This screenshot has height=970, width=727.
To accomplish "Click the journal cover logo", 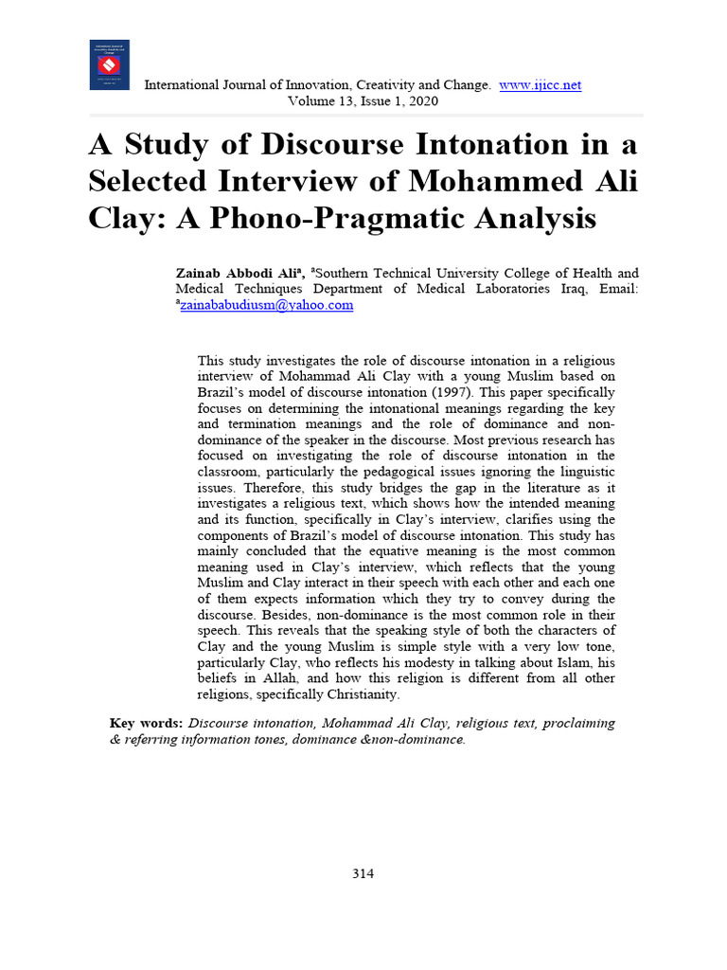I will [110, 64].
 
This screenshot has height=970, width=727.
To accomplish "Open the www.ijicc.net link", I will [540, 85].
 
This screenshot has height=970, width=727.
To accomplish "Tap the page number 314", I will [363, 873].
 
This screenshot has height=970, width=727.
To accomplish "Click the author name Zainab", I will [200, 273].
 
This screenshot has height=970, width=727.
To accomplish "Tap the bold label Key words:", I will [147, 723].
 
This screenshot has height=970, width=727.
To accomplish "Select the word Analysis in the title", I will [532, 219].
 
